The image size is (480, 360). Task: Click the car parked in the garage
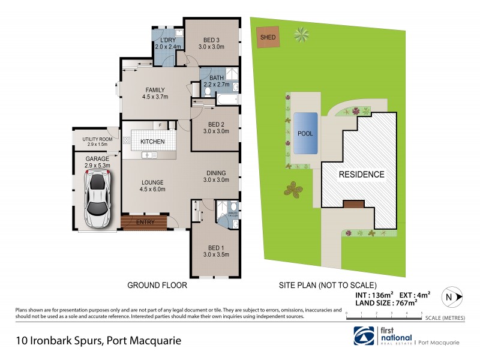pos(97,199)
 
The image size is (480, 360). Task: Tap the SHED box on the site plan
pos(266,37)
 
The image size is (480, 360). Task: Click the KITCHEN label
pos(152,141)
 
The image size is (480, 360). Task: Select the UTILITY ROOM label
pos(97,139)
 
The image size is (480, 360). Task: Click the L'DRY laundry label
pos(163,40)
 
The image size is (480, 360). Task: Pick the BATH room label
pos(215,78)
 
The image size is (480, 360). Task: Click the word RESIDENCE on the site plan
pos(362,175)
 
